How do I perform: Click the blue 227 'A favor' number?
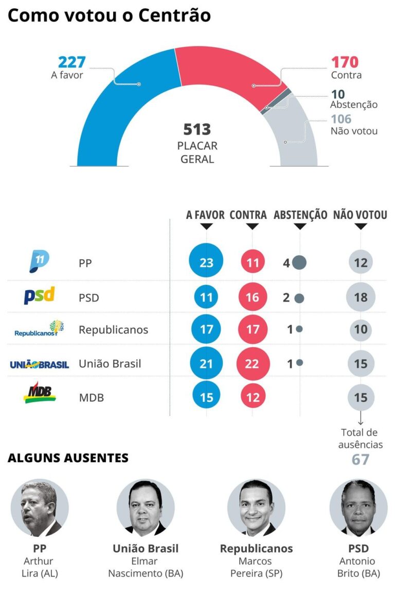[71, 62]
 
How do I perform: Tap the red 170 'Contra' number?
[344, 62]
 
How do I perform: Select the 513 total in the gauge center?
[197, 129]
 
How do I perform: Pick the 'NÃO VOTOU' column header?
[360, 215]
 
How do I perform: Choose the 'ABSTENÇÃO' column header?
[300, 215]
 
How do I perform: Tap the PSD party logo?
[39, 296]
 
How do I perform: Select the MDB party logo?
[40, 392]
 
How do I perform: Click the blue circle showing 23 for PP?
[206, 263]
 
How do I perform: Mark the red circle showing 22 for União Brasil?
[253, 364]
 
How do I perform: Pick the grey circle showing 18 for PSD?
[361, 298]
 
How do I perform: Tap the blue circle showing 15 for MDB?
[206, 397]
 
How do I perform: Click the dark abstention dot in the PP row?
[299, 263]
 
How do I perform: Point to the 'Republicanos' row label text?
[113, 330]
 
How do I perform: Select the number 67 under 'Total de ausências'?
[361, 459]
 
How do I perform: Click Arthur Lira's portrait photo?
[40, 508]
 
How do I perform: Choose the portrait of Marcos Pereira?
[256, 508]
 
